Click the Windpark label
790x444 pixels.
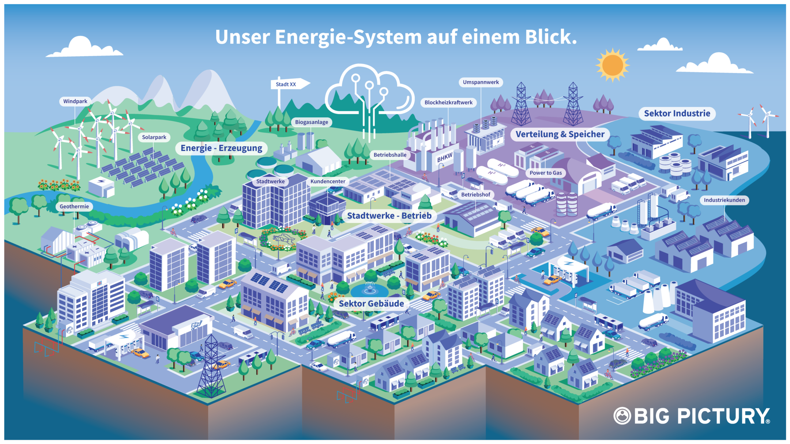point(75,101)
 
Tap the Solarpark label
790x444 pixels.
point(154,137)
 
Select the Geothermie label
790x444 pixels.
point(74,206)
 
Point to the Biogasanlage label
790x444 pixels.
point(311,122)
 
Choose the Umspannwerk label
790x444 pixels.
point(481,82)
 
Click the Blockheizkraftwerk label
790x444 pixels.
point(448,102)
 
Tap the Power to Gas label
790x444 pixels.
point(546,173)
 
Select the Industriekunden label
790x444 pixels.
point(724,200)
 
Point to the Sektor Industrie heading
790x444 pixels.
point(677,113)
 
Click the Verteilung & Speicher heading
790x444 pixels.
point(560,134)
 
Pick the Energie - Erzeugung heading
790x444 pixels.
point(221,148)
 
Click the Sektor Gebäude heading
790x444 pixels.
point(371,303)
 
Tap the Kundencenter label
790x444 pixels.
point(328,181)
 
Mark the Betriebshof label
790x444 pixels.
point(475,194)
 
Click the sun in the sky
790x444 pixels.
point(613,65)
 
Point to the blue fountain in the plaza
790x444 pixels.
point(369,289)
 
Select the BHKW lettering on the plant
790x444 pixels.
point(445,158)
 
